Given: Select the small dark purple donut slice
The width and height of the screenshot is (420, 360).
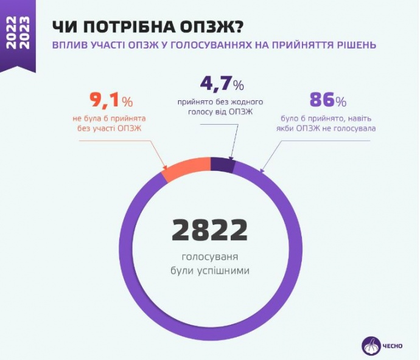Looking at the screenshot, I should pyautogui.click(x=222, y=164).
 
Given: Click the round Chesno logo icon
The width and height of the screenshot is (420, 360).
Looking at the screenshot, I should pyautogui.click(x=371, y=345).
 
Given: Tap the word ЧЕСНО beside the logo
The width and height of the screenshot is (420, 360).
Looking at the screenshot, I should pyautogui.click(x=393, y=346).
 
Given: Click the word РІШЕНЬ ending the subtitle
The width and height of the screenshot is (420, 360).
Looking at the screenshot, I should pyautogui.click(x=355, y=45).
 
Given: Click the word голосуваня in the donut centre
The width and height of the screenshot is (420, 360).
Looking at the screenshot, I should pyautogui.click(x=209, y=256).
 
